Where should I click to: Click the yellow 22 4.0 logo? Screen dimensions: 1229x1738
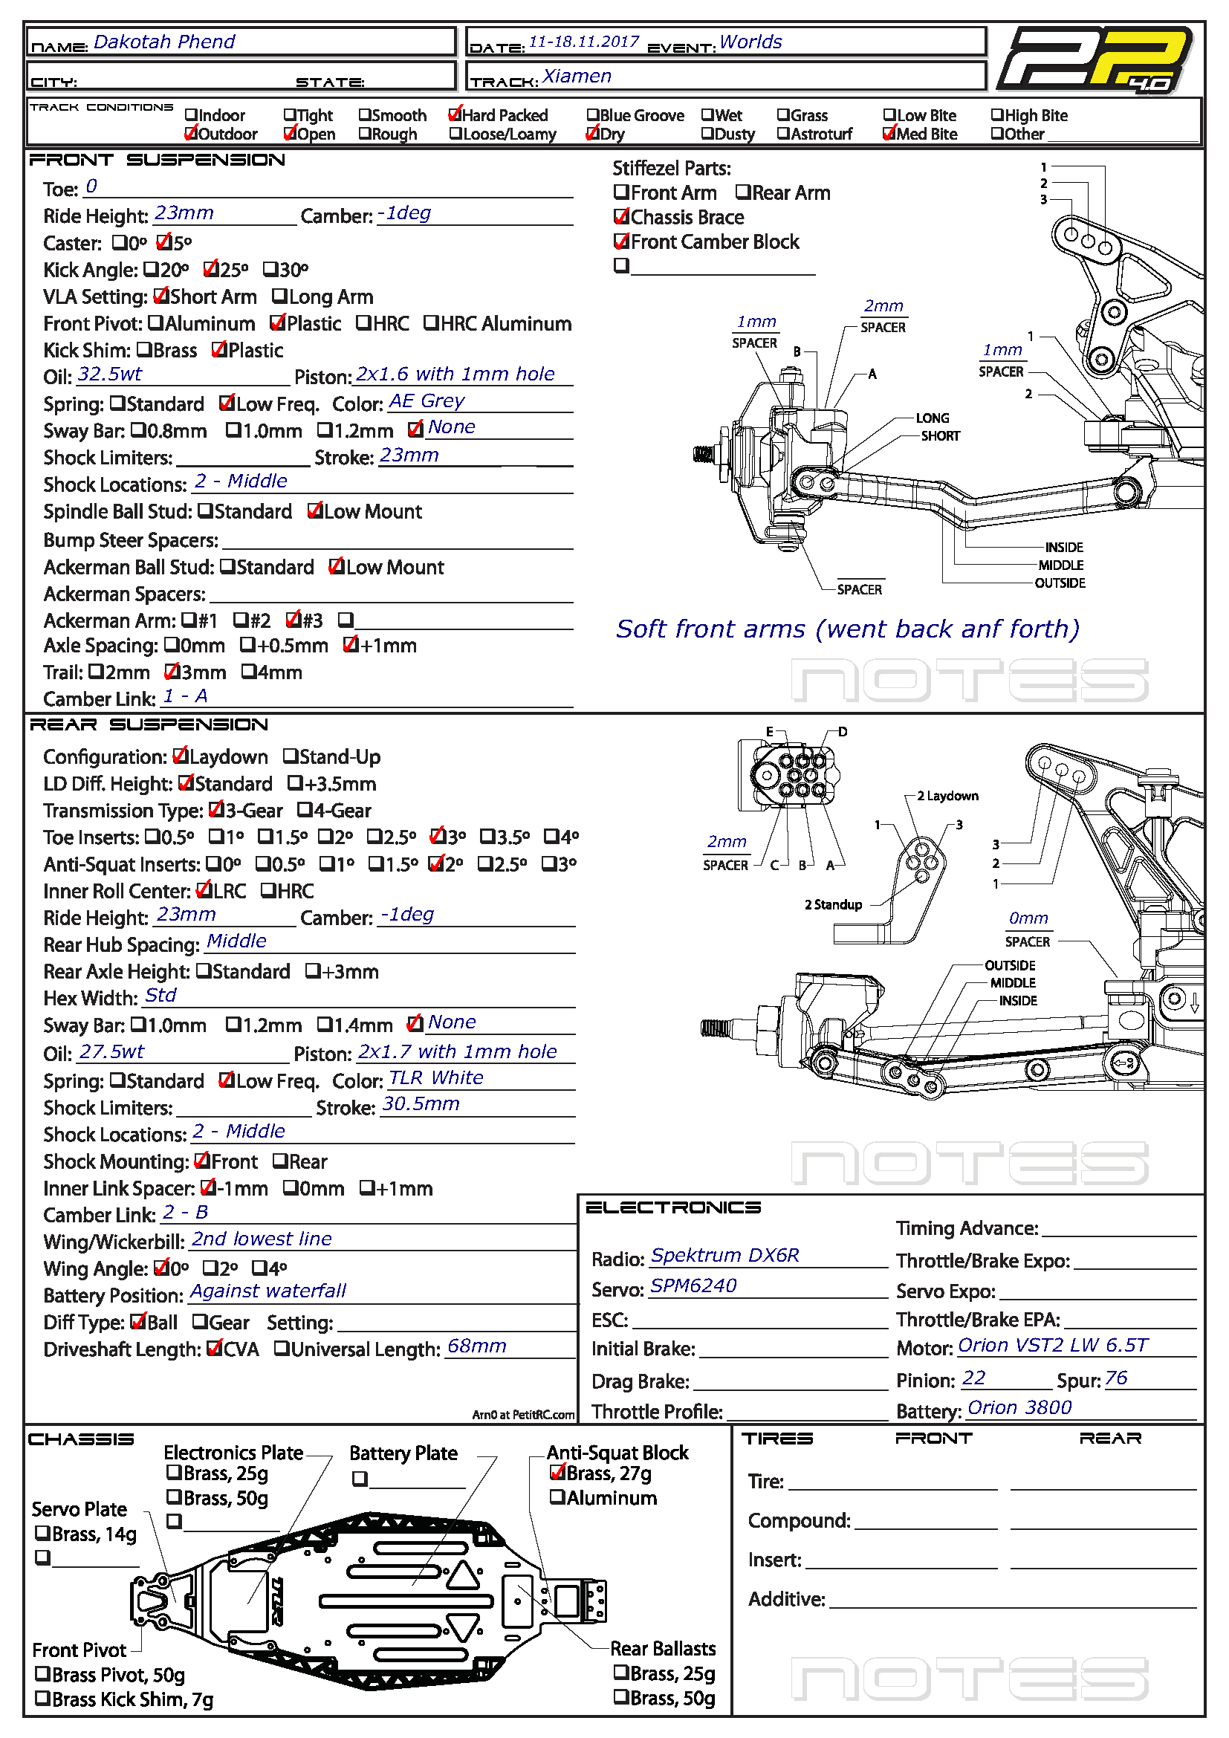click(x=1096, y=59)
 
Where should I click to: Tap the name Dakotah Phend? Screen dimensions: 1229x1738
click(x=164, y=42)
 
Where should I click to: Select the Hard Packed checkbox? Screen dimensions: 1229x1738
click(x=455, y=114)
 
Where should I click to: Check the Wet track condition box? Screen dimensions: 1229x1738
click(x=707, y=115)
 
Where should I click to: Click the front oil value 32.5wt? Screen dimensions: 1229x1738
click(x=110, y=374)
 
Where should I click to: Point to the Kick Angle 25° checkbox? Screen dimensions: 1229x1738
click(x=211, y=270)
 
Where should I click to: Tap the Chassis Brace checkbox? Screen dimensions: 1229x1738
click(x=621, y=217)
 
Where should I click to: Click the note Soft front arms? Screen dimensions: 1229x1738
click(x=848, y=629)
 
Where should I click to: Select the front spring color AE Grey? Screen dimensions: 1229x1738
click(x=427, y=401)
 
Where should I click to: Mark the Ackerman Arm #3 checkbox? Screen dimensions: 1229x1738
click(x=294, y=620)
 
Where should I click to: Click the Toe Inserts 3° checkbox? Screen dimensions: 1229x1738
click(x=438, y=837)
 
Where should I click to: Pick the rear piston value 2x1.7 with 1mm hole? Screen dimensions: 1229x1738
click(x=457, y=1051)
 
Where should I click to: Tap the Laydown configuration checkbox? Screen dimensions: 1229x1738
click(x=180, y=756)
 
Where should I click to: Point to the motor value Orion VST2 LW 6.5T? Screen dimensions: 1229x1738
click(x=1053, y=1345)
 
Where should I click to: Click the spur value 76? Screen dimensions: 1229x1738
click(x=1116, y=1378)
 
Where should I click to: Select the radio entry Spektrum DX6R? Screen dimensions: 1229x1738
click(x=725, y=1255)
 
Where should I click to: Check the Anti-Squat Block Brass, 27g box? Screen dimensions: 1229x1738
click(x=557, y=1473)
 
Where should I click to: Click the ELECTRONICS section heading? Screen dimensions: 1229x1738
click(x=672, y=1207)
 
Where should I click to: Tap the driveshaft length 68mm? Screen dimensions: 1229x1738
click(x=477, y=1346)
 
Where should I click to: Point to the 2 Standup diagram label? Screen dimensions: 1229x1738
click(x=833, y=904)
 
